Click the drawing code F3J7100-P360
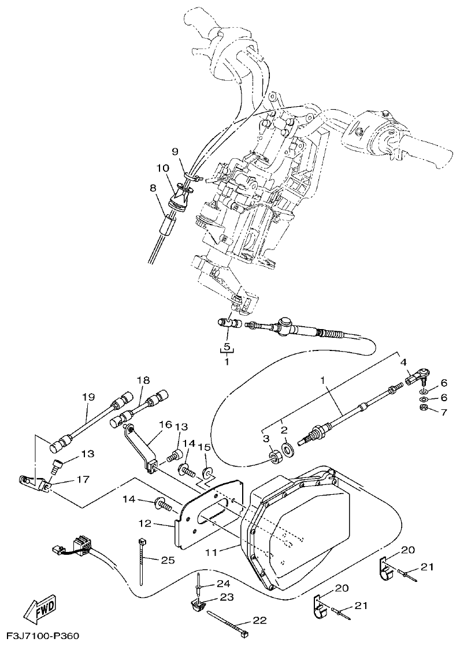pyautogui.click(x=39, y=636)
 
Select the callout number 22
pyautogui.click(x=259, y=621)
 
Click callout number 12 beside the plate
pyautogui.click(x=144, y=524)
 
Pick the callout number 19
pyautogui.click(x=88, y=397)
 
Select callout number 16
pyautogui.click(x=165, y=424)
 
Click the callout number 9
pyautogui.click(x=176, y=151)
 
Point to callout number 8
pyautogui.click(x=153, y=188)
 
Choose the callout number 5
pyautogui.click(x=227, y=347)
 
